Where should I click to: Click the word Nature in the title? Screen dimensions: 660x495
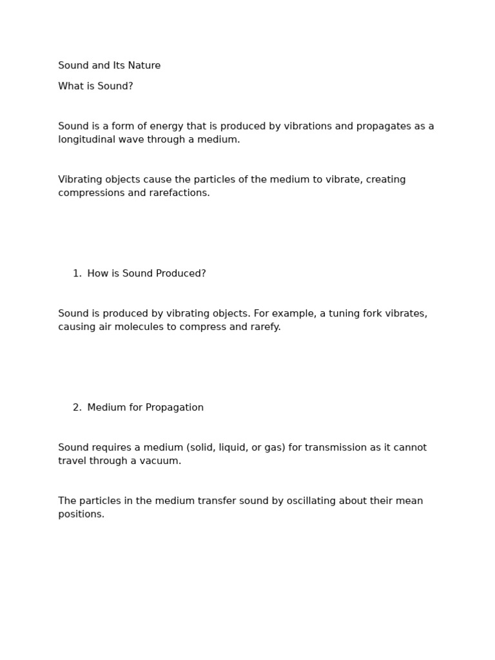tap(144, 66)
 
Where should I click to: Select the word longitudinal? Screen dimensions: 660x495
tap(88, 140)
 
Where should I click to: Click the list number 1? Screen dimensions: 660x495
tap(77, 274)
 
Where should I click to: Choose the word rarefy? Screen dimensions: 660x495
tap(264, 327)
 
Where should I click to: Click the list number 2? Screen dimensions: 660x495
tap(77, 408)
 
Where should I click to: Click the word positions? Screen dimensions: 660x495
tap(81, 515)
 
